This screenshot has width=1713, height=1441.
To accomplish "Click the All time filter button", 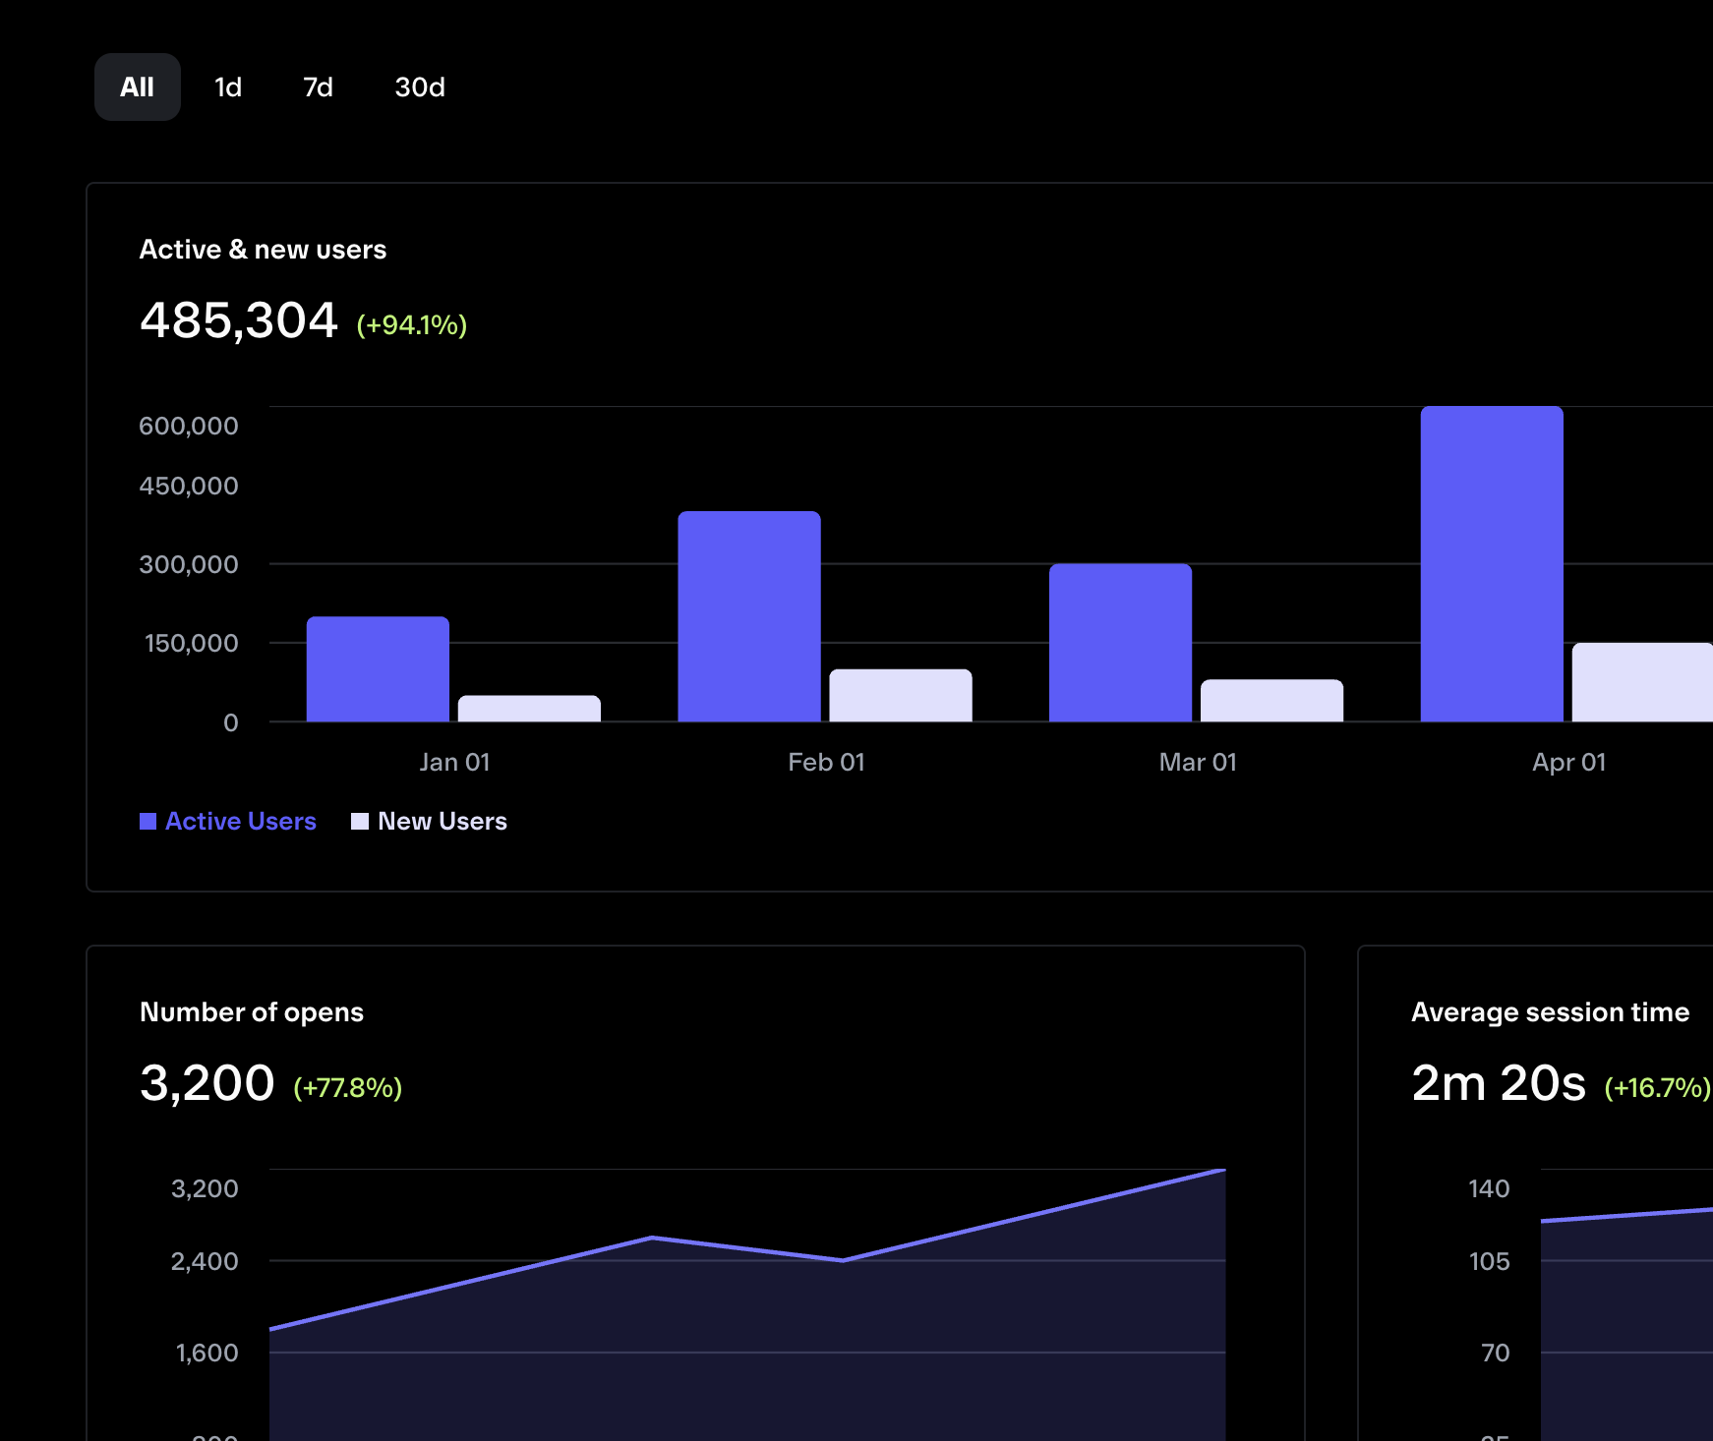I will tap(138, 87).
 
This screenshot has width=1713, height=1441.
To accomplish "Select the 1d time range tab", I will tap(228, 87).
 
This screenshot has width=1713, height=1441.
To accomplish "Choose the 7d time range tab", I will tap(318, 87).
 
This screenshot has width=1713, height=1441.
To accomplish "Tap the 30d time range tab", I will tap(420, 87).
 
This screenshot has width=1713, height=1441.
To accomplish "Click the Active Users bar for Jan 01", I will tap(378, 669).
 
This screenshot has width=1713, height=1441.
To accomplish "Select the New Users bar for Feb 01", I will tap(901, 696).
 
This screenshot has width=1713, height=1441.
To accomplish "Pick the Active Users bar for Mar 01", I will tap(1120, 643).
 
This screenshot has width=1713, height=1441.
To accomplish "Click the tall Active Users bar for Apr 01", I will tap(1492, 564).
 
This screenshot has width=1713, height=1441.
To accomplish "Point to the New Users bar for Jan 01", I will tap(529, 709).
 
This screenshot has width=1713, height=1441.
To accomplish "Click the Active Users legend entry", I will tap(228, 821).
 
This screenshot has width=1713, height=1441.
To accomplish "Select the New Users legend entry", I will tap(430, 821).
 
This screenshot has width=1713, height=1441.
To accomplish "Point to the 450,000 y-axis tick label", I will tap(189, 486).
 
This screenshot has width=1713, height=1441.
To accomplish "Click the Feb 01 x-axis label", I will tap(826, 762).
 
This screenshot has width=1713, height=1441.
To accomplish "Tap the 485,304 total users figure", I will tap(239, 320).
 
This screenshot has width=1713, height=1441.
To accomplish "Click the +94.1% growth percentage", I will tap(411, 324).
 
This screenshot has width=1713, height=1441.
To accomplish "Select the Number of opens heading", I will tap(252, 1011).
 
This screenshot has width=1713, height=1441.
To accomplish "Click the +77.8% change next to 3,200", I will tap(347, 1087).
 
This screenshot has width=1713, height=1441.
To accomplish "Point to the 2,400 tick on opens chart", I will tap(205, 1261).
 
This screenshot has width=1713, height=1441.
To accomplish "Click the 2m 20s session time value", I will tap(1498, 1083).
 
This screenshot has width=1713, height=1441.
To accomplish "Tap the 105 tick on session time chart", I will tap(1489, 1261).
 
